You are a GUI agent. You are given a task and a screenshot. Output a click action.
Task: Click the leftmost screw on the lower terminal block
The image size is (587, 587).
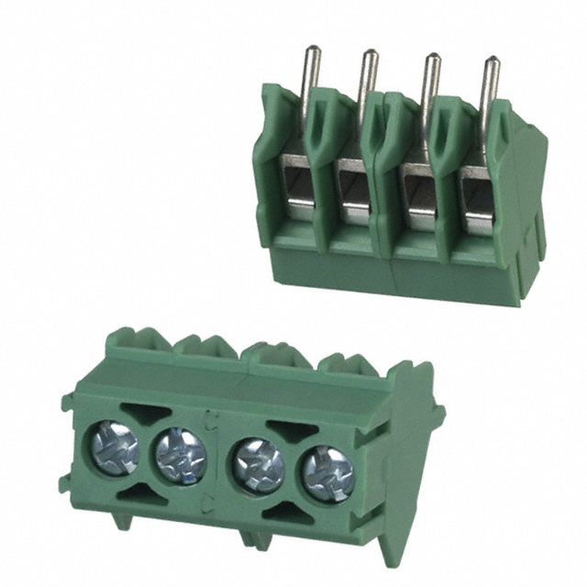(114, 447)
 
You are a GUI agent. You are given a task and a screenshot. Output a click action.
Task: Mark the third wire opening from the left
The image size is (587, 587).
(417, 202)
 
